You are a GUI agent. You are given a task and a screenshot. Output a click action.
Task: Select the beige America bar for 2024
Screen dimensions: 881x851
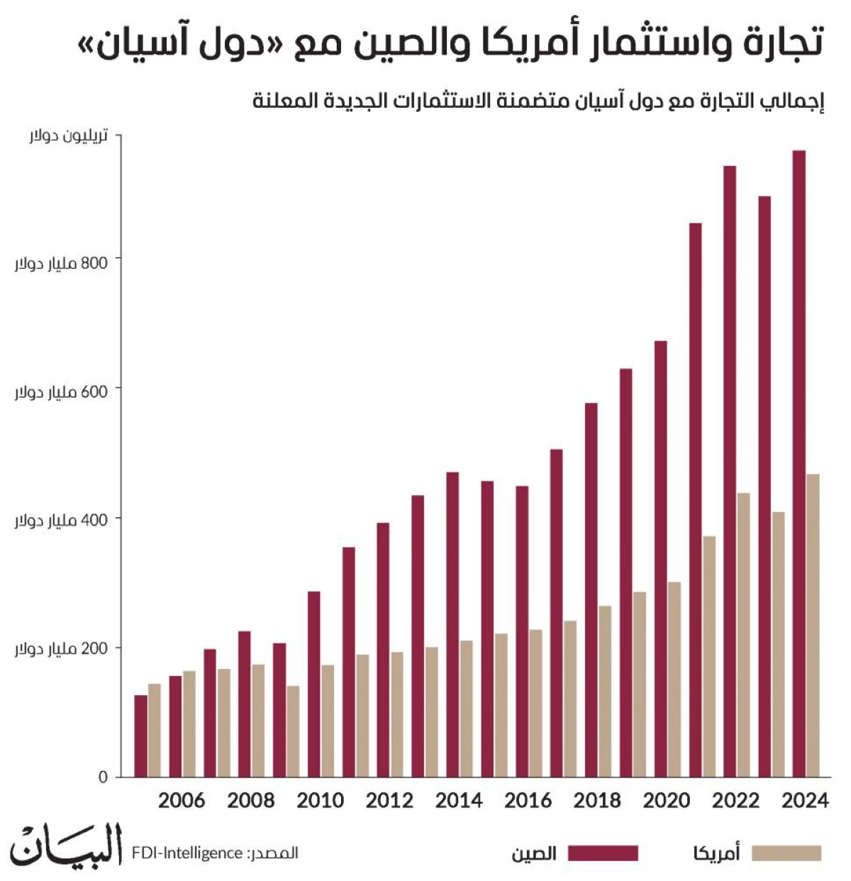pos(813,625)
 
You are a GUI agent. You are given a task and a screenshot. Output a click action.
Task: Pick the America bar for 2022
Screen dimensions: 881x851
pos(743,635)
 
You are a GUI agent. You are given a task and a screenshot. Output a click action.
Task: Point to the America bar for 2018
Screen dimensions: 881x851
pos(605,692)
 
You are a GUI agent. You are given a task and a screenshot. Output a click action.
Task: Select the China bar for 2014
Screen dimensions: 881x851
pos(452,624)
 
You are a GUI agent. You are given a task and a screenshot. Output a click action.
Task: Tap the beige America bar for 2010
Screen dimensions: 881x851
pos(327,721)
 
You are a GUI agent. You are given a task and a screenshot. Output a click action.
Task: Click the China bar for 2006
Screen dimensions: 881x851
pos(175,726)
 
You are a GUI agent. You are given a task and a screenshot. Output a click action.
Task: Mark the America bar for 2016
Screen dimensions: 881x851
pos(535,703)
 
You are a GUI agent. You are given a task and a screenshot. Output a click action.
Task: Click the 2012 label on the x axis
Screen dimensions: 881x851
pos(389,801)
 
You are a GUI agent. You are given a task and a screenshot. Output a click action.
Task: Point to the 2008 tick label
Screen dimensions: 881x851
pos(250,801)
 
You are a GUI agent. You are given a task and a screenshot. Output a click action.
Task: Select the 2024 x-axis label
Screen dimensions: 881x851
pos(805,801)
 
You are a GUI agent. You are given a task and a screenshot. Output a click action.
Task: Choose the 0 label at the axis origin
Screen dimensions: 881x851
pos(103,777)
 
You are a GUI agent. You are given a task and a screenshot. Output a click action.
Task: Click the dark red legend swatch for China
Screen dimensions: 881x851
pos(603,853)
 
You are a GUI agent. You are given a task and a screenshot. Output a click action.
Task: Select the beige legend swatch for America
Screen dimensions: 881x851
pos(786,853)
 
